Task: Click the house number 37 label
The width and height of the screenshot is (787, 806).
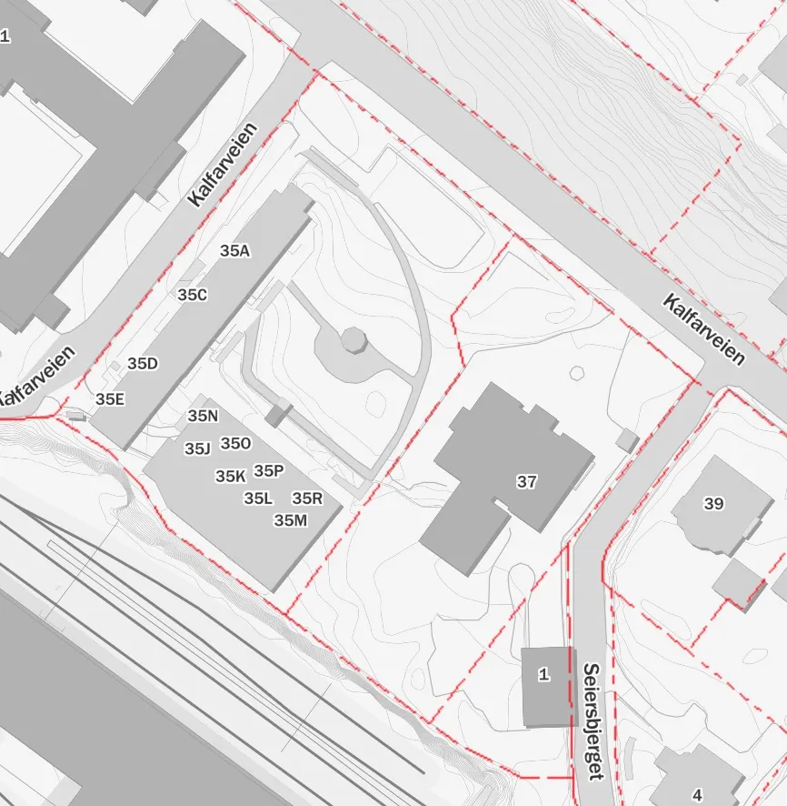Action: pyautogui.click(x=526, y=482)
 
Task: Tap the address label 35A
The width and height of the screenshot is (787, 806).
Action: pyautogui.click(x=234, y=251)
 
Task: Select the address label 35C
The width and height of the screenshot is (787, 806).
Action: pyautogui.click(x=193, y=295)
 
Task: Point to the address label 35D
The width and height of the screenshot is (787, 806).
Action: pyautogui.click(x=143, y=364)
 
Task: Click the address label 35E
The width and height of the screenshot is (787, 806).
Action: pyautogui.click(x=110, y=398)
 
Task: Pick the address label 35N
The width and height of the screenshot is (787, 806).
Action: pyautogui.click(x=204, y=416)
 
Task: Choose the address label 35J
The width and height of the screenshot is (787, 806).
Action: pyautogui.click(x=197, y=448)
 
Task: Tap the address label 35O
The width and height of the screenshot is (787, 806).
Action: pyautogui.click(x=235, y=443)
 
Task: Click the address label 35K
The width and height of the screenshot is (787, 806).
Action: pyautogui.click(x=231, y=476)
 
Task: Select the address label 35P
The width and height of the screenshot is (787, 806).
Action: pyautogui.click(x=269, y=470)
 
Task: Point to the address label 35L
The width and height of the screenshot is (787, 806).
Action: pyautogui.click(x=258, y=498)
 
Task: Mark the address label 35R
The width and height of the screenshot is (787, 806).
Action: pyautogui.click(x=307, y=498)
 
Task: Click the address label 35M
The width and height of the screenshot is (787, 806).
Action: pyautogui.click(x=291, y=520)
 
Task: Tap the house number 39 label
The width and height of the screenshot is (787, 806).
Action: pyautogui.click(x=713, y=503)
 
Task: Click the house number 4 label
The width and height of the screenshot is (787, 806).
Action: pyautogui.click(x=697, y=794)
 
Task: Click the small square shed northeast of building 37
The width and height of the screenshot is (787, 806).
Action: pyautogui.click(x=626, y=441)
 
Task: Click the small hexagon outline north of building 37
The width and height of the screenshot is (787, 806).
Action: pyautogui.click(x=576, y=373)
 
